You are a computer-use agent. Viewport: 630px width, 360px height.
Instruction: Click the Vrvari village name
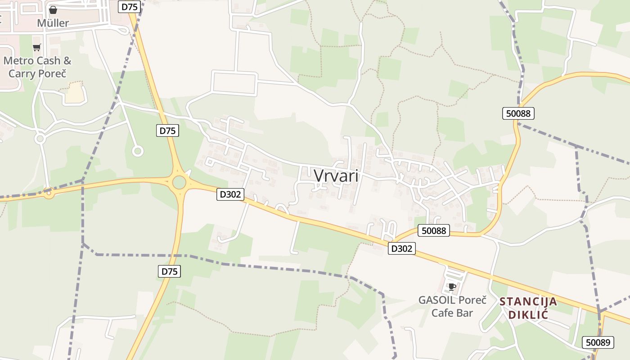[x=336, y=175]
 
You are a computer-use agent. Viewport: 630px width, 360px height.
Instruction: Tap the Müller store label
[x=53, y=23]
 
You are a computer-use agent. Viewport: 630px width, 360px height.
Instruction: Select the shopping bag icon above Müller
[x=53, y=9]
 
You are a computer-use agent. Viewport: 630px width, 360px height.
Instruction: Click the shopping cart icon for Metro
[x=37, y=47]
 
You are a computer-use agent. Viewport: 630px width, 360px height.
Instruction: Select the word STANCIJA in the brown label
[x=528, y=301]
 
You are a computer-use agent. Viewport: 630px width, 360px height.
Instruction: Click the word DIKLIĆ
[x=528, y=314]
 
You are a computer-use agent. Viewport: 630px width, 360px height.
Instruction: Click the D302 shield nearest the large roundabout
[x=230, y=194]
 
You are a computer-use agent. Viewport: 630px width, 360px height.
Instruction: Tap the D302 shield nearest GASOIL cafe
[x=401, y=248]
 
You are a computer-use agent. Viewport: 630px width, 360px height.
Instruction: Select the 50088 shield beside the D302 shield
[x=434, y=230]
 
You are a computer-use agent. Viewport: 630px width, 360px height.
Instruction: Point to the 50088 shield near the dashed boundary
[x=518, y=113]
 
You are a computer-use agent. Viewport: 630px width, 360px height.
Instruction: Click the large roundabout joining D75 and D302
[x=179, y=182]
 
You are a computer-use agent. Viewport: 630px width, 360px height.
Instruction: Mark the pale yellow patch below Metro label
[x=75, y=93]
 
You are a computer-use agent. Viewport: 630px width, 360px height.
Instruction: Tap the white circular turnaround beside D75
[x=138, y=151]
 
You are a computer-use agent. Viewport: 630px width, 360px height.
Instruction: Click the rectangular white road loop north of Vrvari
[x=234, y=83]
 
